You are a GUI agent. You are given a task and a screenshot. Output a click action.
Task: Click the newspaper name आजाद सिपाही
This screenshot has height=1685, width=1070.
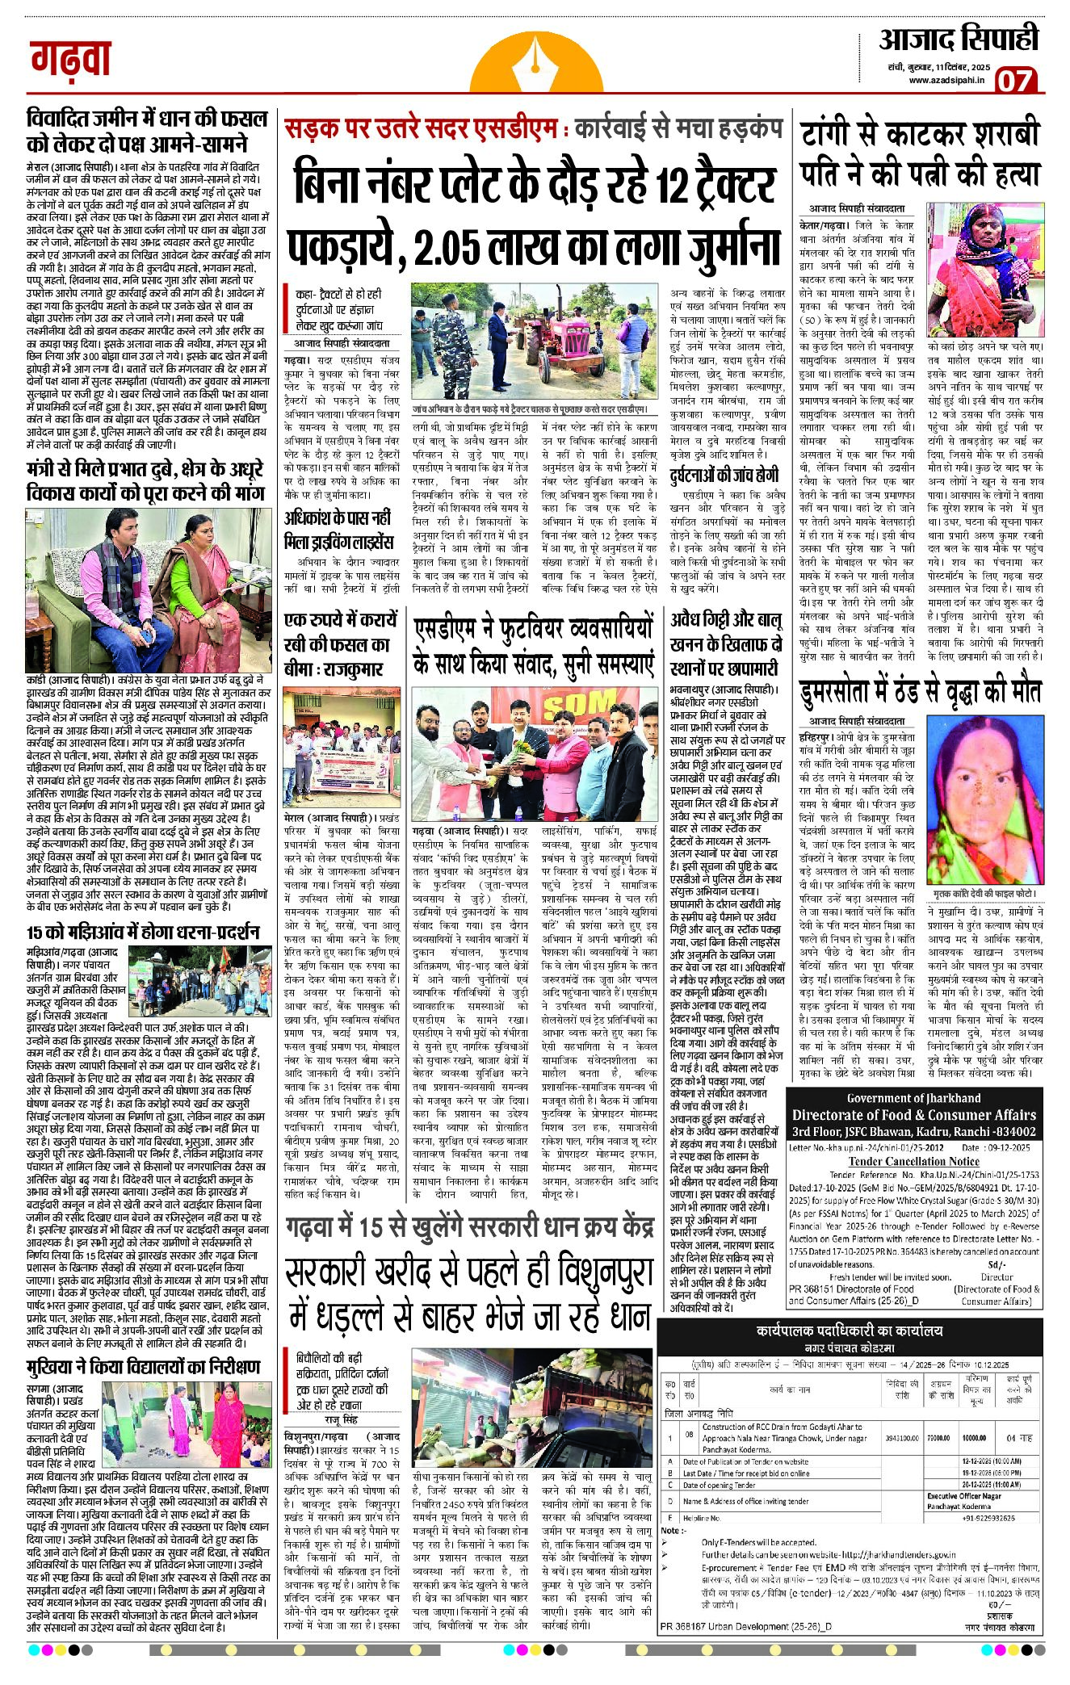coord(958,40)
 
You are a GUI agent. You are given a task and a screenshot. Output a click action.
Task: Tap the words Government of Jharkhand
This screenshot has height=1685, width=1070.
coord(913,1098)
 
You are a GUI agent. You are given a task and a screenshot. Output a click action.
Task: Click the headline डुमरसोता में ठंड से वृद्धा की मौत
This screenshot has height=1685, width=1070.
coord(920,692)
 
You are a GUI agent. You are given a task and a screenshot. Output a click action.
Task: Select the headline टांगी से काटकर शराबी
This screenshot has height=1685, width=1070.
coord(920,133)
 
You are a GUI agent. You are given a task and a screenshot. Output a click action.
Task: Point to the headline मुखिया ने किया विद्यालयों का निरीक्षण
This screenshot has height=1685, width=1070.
coord(144,1366)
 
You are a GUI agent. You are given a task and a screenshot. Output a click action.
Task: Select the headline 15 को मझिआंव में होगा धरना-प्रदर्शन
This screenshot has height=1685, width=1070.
coord(142,932)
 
